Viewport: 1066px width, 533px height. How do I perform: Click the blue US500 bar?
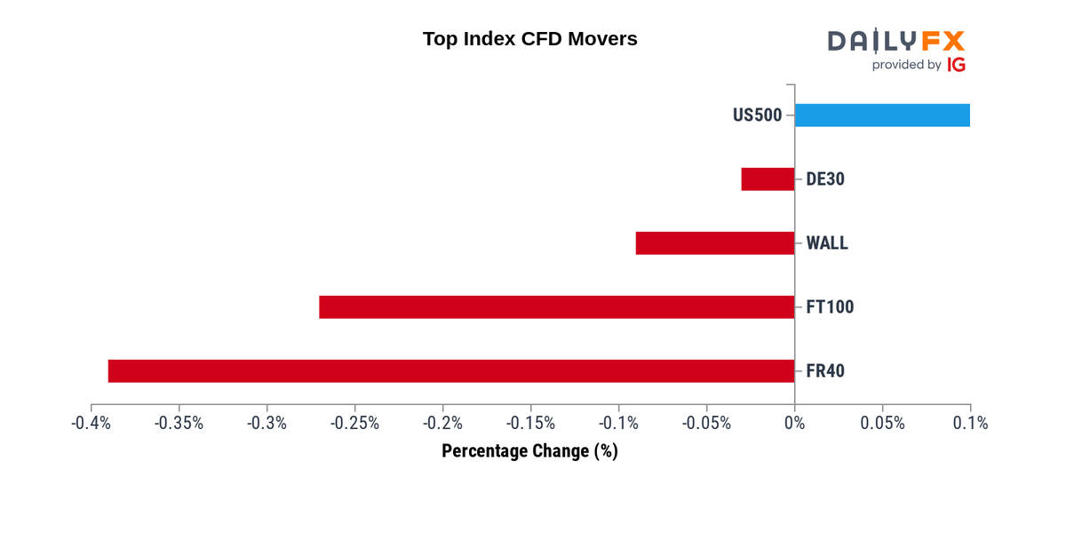882,115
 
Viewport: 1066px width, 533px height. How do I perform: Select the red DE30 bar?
768,179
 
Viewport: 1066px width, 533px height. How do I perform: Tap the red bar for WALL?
715,243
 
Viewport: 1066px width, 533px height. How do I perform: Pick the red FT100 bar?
556,307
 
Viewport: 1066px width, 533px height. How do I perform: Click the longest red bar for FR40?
451,371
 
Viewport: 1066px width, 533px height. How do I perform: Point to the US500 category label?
757,115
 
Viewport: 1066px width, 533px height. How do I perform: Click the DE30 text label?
824,179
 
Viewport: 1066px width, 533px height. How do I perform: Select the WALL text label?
826,243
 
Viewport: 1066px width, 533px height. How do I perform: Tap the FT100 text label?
829,307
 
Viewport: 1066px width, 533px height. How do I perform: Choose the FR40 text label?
824,371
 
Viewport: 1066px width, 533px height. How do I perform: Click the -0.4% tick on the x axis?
91,423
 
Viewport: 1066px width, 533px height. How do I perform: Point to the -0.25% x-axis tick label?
354,423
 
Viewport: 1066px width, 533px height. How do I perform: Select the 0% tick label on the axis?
794,423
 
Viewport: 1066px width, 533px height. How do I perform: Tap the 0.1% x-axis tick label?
970,423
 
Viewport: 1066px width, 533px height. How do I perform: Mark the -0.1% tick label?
618,423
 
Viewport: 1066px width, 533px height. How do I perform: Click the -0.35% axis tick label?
179,423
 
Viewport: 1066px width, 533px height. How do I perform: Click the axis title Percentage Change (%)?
529,451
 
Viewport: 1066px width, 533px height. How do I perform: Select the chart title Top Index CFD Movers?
529,39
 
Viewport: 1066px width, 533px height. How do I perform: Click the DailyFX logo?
895,41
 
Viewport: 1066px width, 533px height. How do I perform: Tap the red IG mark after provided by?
956,65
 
